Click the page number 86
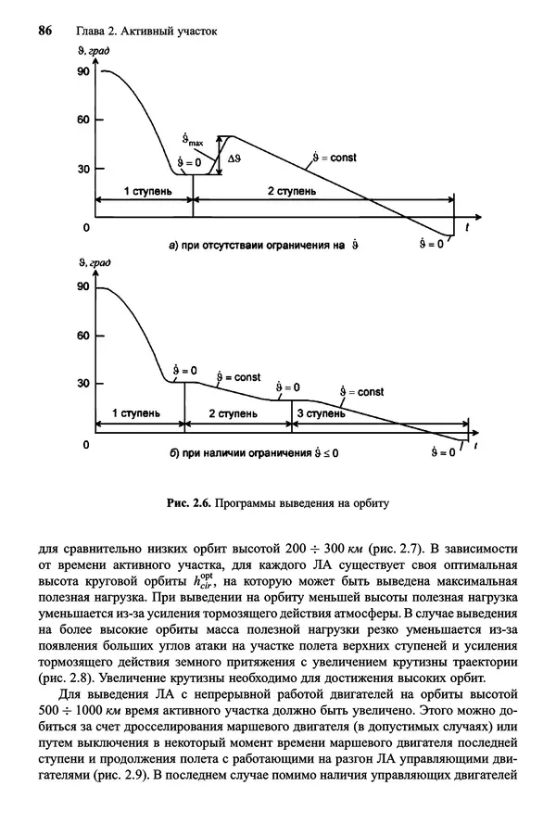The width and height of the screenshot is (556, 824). click(44, 32)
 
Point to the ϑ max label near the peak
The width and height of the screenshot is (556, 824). click(194, 140)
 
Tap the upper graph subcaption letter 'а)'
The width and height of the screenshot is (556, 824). click(173, 246)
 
